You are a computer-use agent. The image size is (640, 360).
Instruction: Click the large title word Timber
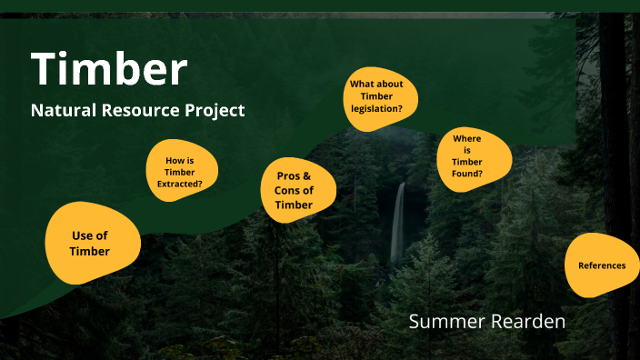(109, 69)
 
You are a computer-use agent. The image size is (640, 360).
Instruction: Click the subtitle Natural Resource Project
(137, 110)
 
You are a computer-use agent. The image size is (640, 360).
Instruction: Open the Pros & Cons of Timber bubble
(294, 190)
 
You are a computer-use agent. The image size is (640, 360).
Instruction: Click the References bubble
(601, 265)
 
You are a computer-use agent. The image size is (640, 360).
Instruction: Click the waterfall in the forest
(397, 223)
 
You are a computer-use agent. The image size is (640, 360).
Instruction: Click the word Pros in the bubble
(287, 175)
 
